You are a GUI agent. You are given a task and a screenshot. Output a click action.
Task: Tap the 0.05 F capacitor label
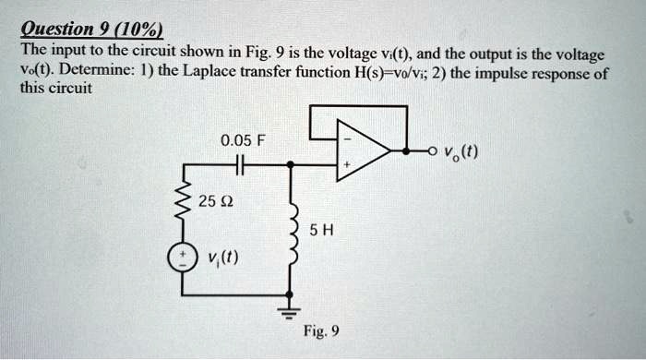click(x=242, y=141)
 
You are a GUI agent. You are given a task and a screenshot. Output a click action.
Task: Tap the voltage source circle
click(x=183, y=258)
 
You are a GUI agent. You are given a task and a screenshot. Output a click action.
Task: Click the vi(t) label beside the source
click(x=221, y=258)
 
